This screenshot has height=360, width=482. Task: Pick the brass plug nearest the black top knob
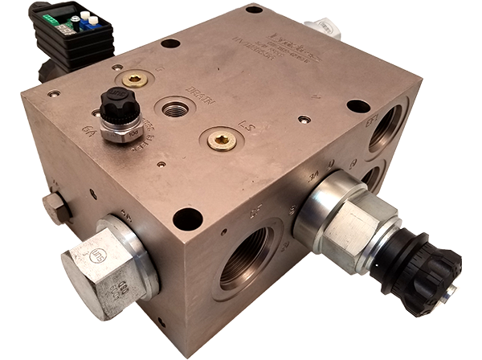(x=135, y=79)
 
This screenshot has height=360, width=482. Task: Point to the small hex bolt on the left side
(x=55, y=207)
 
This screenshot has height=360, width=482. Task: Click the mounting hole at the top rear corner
(x=254, y=10)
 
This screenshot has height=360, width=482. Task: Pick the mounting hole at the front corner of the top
(x=187, y=218)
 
